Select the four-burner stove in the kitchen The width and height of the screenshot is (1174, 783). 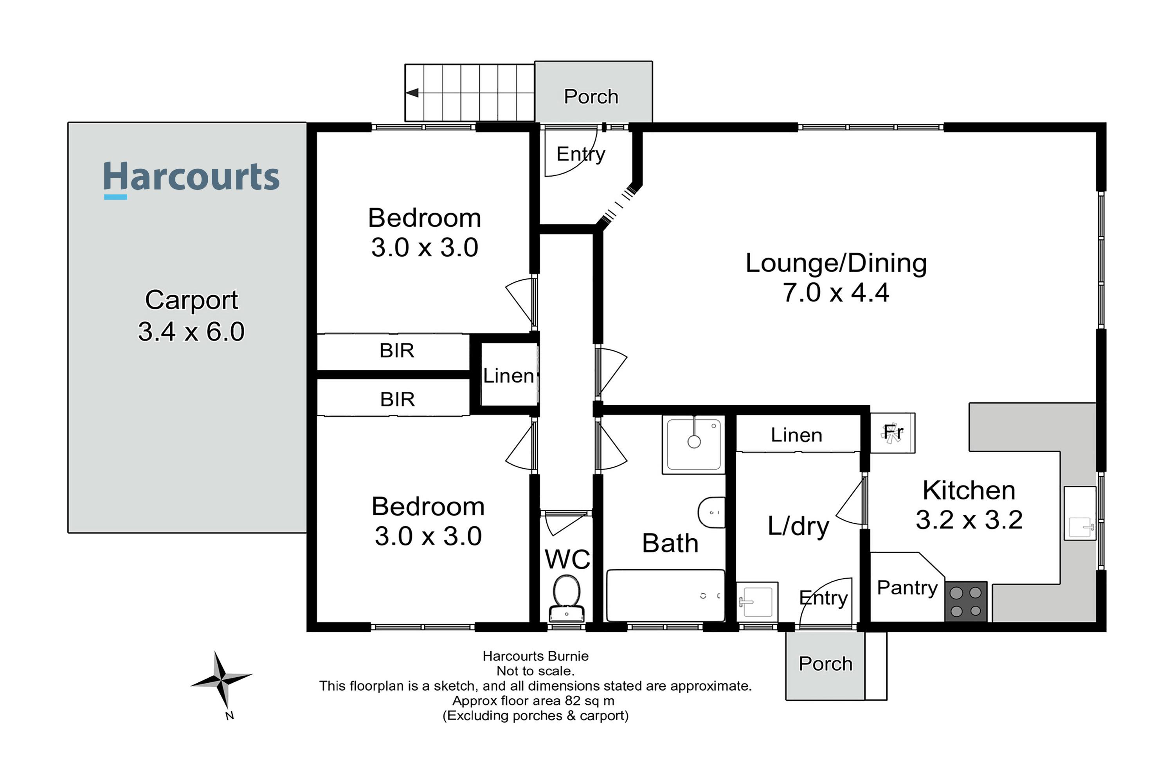point(965,602)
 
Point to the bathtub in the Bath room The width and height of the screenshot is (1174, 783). point(665,595)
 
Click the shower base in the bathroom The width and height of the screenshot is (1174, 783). point(694,444)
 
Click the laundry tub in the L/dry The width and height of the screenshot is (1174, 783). point(758,602)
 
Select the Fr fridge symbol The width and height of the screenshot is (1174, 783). point(893,433)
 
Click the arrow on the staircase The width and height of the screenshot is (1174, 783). point(412,93)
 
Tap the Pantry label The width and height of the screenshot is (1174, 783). point(907,588)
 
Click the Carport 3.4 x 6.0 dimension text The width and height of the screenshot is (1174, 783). point(191,332)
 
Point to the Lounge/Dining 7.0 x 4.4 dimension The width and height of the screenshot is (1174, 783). point(835,292)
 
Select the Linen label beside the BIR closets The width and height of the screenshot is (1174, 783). point(508,375)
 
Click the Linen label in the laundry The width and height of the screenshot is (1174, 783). point(796,435)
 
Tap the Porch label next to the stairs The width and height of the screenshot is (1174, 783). point(591,96)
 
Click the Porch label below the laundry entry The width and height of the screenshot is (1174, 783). point(825,664)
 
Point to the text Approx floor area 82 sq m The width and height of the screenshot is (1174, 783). point(533,701)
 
